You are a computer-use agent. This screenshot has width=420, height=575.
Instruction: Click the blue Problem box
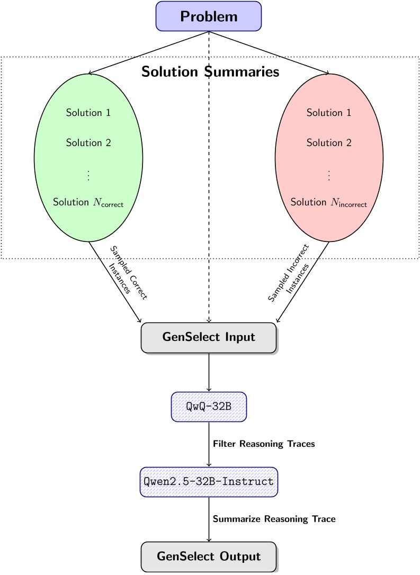pyautogui.click(x=209, y=16)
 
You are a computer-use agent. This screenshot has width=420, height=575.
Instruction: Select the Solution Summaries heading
pyautogui.click(x=210, y=72)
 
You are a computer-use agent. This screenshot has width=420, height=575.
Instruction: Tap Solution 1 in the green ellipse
pyautogui.click(x=88, y=113)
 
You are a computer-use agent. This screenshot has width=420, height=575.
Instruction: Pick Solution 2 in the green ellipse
pyautogui.click(x=88, y=142)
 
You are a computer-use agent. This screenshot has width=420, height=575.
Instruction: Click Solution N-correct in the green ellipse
pyautogui.click(x=88, y=202)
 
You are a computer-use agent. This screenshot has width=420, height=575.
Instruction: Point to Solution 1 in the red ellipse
pyautogui.click(x=329, y=113)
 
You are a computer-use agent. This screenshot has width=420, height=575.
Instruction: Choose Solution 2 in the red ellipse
pyautogui.click(x=329, y=142)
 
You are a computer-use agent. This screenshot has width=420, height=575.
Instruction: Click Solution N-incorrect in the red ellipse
pyautogui.click(x=329, y=202)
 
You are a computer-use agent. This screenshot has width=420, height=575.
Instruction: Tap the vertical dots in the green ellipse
pyautogui.click(x=88, y=175)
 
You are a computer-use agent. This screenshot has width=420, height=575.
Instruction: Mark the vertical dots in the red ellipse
pyautogui.click(x=329, y=175)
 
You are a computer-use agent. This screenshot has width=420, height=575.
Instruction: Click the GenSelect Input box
pyautogui.click(x=209, y=337)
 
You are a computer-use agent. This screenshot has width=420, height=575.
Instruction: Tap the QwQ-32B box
pyautogui.click(x=209, y=407)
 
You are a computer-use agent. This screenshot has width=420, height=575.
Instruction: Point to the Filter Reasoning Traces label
pyautogui.click(x=264, y=444)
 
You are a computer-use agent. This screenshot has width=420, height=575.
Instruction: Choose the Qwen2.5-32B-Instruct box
pyautogui.click(x=209, y=482)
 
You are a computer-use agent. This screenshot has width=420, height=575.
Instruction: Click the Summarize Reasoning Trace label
pyautogui.click(x=274, y=519)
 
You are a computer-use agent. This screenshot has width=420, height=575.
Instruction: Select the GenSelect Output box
pyautogui.click(x=209, y=556)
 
